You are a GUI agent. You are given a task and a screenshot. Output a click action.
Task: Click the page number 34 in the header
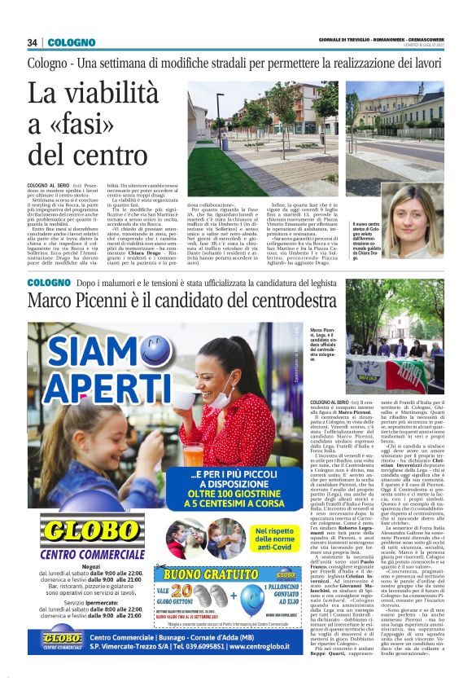[x=33, y=42]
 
